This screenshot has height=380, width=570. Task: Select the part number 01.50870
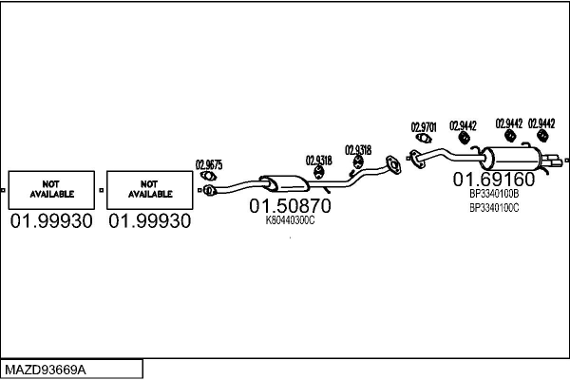coord(291,205)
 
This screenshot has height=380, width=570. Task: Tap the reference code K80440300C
coord(291,220)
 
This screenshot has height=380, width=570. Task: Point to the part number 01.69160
coord(493,179)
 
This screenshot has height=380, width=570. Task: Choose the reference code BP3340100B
coord(494,194)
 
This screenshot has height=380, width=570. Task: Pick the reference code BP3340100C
coord(494,207)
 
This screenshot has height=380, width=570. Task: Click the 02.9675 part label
coord(209,163)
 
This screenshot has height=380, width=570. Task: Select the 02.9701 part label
coord(423,126)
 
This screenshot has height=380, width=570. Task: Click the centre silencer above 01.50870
coord(282,182)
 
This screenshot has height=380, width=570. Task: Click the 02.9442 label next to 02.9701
coord(463,125)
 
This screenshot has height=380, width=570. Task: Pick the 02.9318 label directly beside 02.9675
coord(318,160)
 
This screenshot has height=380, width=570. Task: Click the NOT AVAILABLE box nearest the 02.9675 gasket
coord(148,190)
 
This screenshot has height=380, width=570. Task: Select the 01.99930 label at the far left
coord(51,221)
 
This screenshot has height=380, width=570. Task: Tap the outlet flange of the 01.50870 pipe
coord(389,170)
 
